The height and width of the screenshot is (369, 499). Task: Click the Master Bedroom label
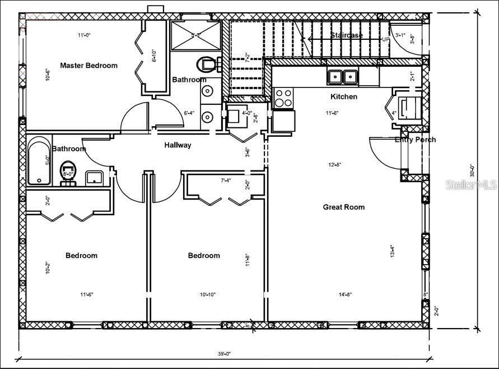(88, 66)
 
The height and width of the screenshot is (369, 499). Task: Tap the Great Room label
(343, 207)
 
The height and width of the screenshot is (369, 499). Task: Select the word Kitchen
(343, 96)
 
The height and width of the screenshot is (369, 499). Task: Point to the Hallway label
(178, 145)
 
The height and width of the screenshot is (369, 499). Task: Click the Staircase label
(346, 35)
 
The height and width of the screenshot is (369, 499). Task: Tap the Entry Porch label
(415, 140)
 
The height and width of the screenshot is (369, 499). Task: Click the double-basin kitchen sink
(343, 76)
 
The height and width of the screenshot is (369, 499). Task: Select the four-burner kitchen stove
(283, 98)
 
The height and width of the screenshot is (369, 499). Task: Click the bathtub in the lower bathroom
(39, 163)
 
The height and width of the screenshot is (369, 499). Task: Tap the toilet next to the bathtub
(68, 170)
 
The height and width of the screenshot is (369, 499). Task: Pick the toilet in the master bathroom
(208, 64)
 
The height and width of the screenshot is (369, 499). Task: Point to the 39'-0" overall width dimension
(224, 353)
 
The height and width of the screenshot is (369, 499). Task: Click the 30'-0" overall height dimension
(472, 169)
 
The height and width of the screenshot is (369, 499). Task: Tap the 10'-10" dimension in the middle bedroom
(206, 294)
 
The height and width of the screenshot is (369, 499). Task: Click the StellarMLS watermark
(471, 184)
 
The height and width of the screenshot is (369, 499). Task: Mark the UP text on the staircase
(385, 40)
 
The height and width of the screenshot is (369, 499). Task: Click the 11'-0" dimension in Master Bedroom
(84, 35)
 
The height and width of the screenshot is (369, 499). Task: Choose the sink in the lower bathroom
(95, 178)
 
